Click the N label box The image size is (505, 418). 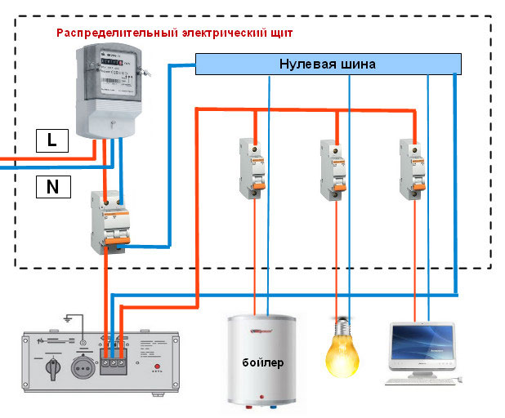coord(52,187)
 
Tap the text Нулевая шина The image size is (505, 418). coord(328,64)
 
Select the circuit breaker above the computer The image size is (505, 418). coord(413,167)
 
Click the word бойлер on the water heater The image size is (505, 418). coord(262,361)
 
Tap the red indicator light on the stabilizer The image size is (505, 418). coord(156,367)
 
